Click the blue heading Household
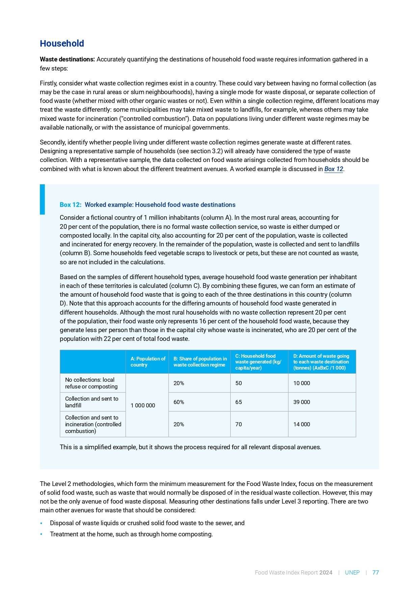point(62,44)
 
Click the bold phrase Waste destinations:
point(67,59)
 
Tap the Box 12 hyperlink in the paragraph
point(334,169)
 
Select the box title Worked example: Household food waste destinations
point(160,205)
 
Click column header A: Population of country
point(148,362)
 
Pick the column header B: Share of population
point(200,362)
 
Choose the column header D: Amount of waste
point(321,362)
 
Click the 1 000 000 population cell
point(143,405)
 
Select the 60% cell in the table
point(179,402)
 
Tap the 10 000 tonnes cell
point(302,383)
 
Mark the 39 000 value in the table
point(302,402)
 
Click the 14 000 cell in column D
point(302,424)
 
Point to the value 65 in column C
point(238,402)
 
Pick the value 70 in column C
point(238,424)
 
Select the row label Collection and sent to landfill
point(91,402)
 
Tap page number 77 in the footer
point(375,572)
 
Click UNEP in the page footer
point(352,572)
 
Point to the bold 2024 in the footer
point(326,572)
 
